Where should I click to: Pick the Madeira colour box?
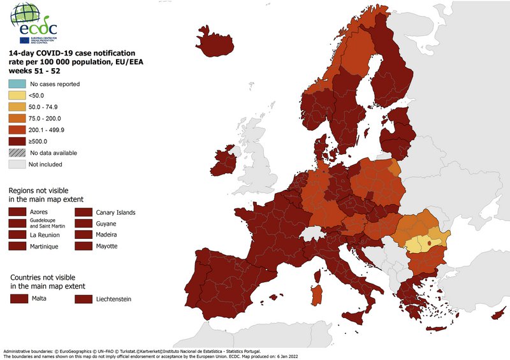point(85,234)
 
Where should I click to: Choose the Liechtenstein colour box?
point(85,298)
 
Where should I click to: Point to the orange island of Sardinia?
point(316,293)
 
